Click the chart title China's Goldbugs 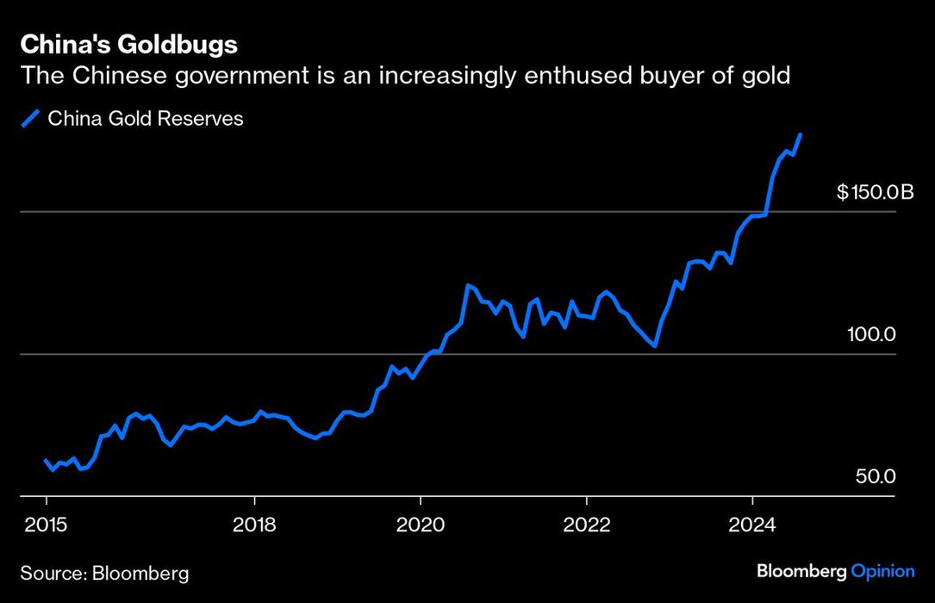[x=129, y=44]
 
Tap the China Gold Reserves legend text [x=146, y=119]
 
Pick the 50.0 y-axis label [x=876, y=476]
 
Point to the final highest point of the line [x=801, y=135]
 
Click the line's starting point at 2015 [x=47, y=461]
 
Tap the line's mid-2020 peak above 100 [x=467, y=285]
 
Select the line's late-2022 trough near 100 [x=656, y=345]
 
